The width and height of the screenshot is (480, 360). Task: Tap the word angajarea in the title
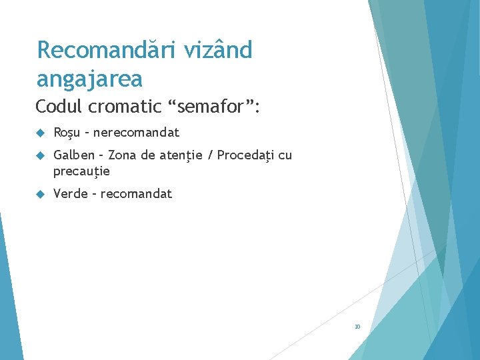(x=89, y=79)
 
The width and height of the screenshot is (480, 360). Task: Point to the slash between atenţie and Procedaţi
(x=211, y=155)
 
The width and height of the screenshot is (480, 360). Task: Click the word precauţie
(x=81, y=171)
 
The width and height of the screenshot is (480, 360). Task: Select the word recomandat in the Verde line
(x=136, y=194)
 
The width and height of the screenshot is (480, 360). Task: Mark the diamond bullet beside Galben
(x=40, y=156)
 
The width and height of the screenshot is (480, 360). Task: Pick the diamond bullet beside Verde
(x=40, y=195)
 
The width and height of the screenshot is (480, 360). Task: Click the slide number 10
(x=357, y=327)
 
